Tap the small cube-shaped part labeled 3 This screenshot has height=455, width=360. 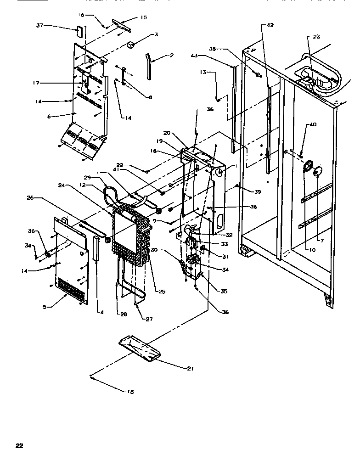pos(131,45)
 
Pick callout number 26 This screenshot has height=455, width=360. pos(30,198)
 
